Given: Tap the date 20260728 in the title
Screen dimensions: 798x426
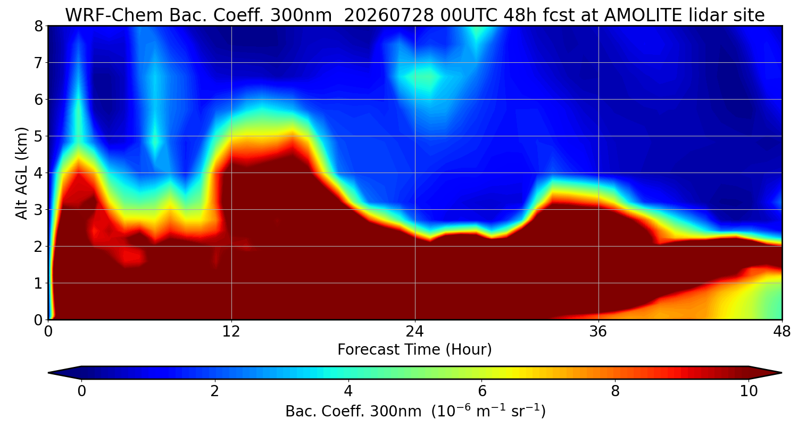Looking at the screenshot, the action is click(x=389, y=15).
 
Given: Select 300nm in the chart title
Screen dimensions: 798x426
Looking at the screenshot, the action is click(x=301, y=15).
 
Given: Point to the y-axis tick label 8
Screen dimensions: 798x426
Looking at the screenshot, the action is click(x=38, y=27).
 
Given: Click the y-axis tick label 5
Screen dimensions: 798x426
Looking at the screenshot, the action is click(x=38, y=136).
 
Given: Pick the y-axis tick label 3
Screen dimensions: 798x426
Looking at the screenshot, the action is click(x=38, y=210).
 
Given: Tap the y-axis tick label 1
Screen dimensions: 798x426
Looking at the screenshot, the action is click(x=38, y=283).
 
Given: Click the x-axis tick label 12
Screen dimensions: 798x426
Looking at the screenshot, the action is click(x=231, y=332).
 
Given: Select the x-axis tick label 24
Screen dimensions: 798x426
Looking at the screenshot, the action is click(x=415, y=332).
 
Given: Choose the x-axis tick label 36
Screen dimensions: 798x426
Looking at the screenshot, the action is click(x=598, y=332).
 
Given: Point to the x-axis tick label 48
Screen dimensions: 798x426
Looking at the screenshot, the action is click(x=782, y=332).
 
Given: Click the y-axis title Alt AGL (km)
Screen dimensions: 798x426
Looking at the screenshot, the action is click(x=22, y=173).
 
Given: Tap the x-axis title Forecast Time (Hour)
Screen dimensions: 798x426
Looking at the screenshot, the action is click(x=414, y=350).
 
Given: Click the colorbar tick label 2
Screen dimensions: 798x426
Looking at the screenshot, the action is click(x=214, y=391).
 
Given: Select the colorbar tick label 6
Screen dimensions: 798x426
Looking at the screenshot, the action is click(x=481, y=391).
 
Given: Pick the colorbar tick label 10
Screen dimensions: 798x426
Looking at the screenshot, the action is click(x=749, y=391).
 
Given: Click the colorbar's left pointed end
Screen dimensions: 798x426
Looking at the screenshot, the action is click(x=49, y=373).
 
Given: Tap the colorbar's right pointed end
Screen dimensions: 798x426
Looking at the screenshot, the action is click(x=782, y=373).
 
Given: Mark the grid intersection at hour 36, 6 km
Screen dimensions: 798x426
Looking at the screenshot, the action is click(x=598, y=100).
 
